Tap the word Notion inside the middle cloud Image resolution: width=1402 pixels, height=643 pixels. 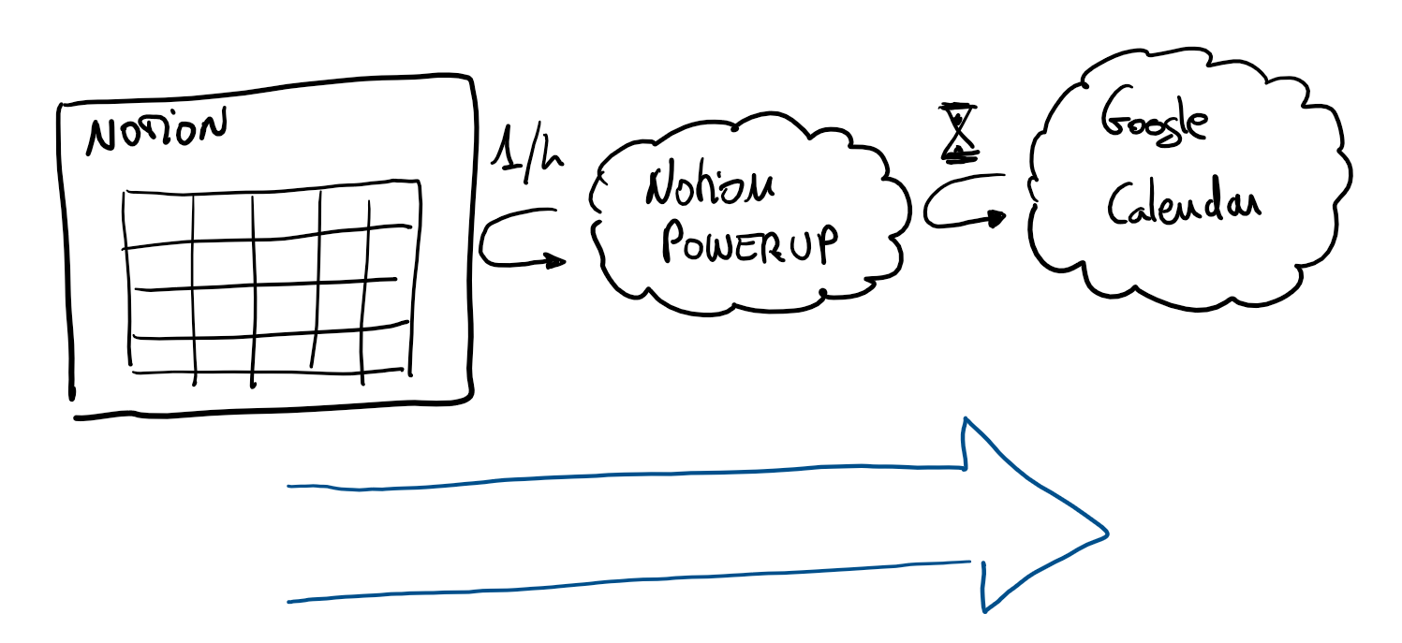pos(709,188)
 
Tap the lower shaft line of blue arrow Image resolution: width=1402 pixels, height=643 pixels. pos(627,582)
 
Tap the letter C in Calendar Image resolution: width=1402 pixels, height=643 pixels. pos(1120,201)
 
